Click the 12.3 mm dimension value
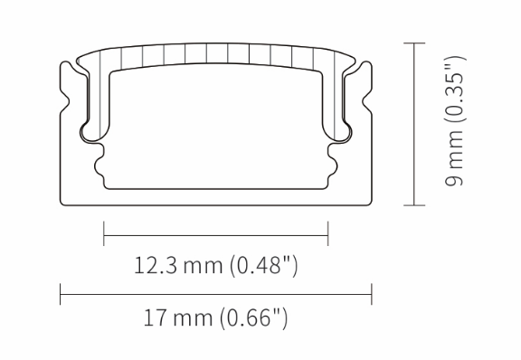click(x=178, y=265)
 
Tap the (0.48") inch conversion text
click(x=263, y=265)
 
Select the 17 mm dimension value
click(x=178, y=317)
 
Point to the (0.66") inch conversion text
click(x=253, y=317)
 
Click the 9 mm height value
click(x=454, y=158)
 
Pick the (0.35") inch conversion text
click(x=455, y=90)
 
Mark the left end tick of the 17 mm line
click(x=60, y=294)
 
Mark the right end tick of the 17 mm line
click(x=372, y=294)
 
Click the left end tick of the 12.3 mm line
click(x=104, y=233)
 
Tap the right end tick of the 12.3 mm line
click(x=328, y=233)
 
